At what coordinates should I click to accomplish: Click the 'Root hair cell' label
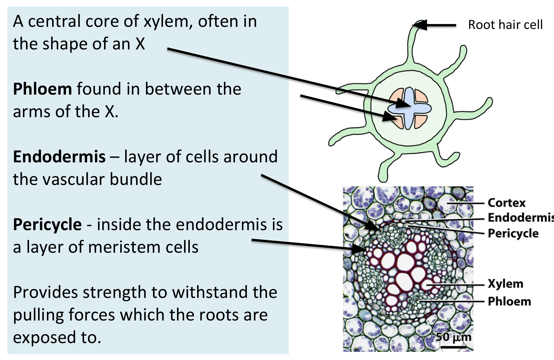point(505,25)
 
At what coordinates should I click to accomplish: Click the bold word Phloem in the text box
point(42,89)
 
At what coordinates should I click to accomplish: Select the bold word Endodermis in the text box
point(59,157)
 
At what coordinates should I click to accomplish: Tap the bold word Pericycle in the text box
point(47,224)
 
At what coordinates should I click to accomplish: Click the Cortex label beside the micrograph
point(506,203)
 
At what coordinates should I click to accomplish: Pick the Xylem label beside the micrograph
point(505,284)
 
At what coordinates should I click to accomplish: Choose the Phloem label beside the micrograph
point(509,301)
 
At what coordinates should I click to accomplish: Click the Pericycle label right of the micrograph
point(513,233)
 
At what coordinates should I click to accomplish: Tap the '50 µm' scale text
point(453,337)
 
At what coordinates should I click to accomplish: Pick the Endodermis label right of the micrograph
point(520,218)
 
